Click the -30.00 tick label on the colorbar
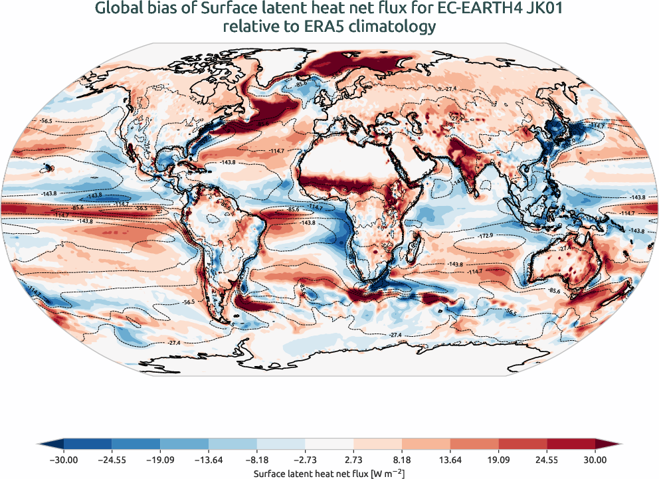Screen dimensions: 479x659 pos(64,459)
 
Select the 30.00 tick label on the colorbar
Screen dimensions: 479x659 pos(595,459)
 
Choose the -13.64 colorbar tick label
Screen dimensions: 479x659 pos(209,459)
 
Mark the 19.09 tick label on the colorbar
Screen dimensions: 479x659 pos(498,459)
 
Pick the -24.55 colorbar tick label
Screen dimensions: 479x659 pos(112,459)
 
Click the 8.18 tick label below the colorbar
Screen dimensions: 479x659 pos(402,459)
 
